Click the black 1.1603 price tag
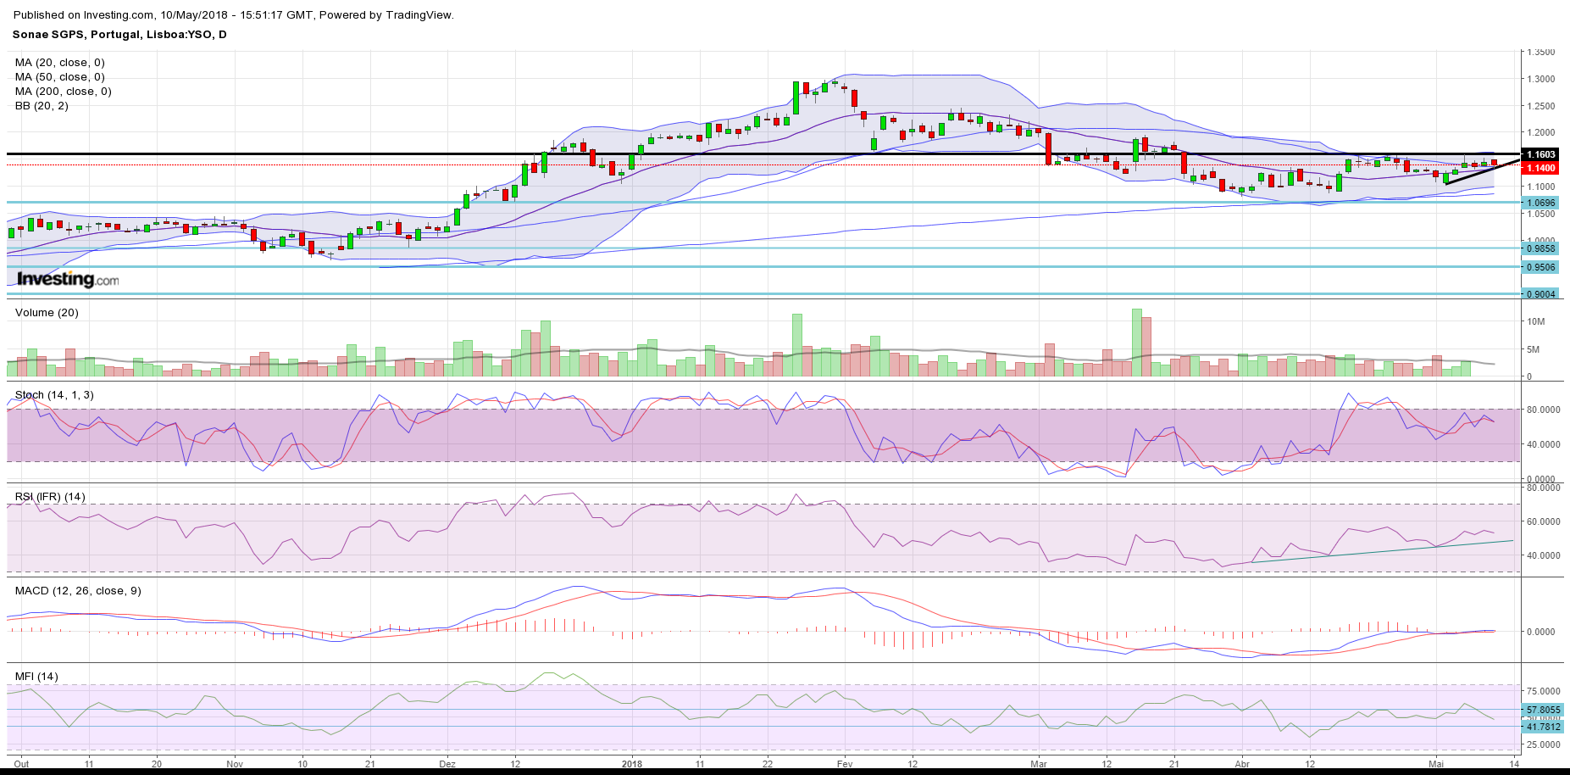pyautogui.click(x=1540, y=154)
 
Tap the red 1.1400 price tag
pyautogui.click(x=1540, y=168)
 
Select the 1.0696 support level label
pyautogui.click(x=1540, y=203)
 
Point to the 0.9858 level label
pyautogui.click(x=1540, y=248)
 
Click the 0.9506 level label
pyautogui.click(x=1540, y=267)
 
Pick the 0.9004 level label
pyautogui.click(x=1540, y=294)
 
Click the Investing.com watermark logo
pyautogui.click(x=68, y=279)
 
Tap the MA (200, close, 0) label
pyautogui.click(x=63, y=92)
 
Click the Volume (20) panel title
pyautogui.click(x=47, y=313)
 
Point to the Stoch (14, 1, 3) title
pyautogui.click(x=54, y=395)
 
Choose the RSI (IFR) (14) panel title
pyautogui.click(x=50, y=497)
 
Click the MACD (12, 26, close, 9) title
pyautogui.click(x=78, y=591)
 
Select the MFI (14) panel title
pyautogui.click(x=36, y=677)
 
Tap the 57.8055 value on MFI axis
pyautogui.click(x=1543, y=710)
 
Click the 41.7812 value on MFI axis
pyautogui.click(x=1543, y=727)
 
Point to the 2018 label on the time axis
pyautogui.click(x=631, y=764)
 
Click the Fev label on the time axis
pyautogui.click(x=844, y=764)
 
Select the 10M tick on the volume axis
pyautogui.click(x=1536, y=322)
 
